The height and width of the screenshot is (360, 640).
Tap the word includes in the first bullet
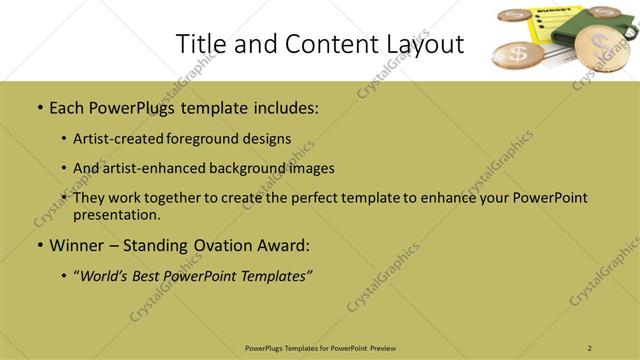click(283, 106)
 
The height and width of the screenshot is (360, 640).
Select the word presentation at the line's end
click(116, 215)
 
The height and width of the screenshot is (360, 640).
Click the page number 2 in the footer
click(590, 347)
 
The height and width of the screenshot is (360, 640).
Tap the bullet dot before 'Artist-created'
click(63, 138)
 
